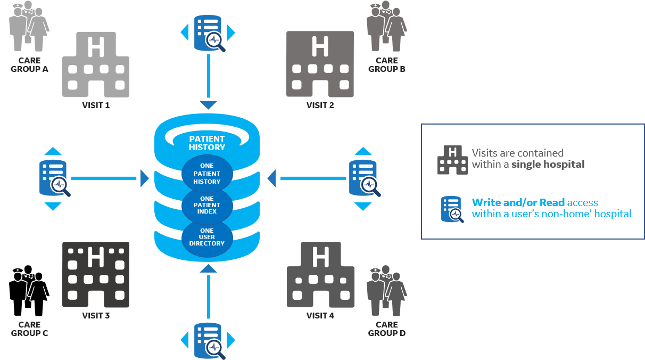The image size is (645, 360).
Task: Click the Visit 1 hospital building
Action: [x=96, y=64]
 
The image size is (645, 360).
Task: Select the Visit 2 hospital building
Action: [x=320, y=64]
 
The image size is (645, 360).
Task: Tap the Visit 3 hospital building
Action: [x=96, y=274]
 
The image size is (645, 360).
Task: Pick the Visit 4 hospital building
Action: [x=320, y=274]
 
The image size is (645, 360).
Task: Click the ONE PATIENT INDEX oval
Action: [x=207, y=205]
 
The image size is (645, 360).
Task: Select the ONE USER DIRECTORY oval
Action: [x=207, y=237]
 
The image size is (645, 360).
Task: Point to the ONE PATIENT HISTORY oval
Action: [x=207, y=174]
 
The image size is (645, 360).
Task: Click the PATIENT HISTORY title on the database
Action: [x=207, y=143]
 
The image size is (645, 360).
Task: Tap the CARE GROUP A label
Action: [x=29, y=65]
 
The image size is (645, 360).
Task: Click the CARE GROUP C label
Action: [x=29, y=329]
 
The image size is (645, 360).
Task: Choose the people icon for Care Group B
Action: [x=386, y=26]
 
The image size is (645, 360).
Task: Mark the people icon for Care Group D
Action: [x=386, y=291]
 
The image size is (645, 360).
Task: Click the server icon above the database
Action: [x=208, y=34]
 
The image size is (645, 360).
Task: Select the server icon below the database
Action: [x=208, y=340]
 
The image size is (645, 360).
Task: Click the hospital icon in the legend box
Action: [x=452, y=159]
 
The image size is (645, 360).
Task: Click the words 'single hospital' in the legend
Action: [x=548, y=164]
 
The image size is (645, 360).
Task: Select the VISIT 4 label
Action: [x=320, y=315]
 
